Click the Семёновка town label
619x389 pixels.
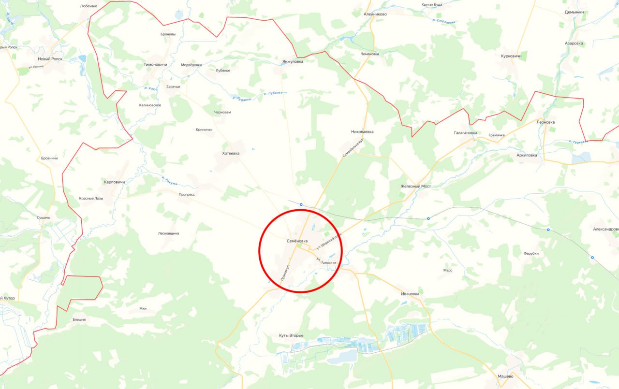click(x=296, y=241)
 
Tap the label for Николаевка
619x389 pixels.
click(x=362, y=131)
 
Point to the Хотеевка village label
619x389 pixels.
click(x=231, y=153)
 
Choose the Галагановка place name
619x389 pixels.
click(x=465, y=132)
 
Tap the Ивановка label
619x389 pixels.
click(x=410, y=293)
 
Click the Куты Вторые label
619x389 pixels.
click(x=291, y=335)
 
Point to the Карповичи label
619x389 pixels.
click(x=115, y=182)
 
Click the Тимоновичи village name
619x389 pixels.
click(x=155, y=64)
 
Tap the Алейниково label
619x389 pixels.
click(x=375, y=14)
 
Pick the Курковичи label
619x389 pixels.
click(x=511, y=56)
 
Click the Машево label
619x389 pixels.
click(x=505, y=376)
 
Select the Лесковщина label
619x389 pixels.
click(x=169, y=233)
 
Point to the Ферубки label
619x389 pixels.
click(x=531, y=254)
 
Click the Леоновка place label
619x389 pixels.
click(x=545, y=122)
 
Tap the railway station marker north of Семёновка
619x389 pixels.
click(x=301, y=204)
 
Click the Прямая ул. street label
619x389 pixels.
click(x=285, y=273)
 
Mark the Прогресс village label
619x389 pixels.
click(x=187, y=194)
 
